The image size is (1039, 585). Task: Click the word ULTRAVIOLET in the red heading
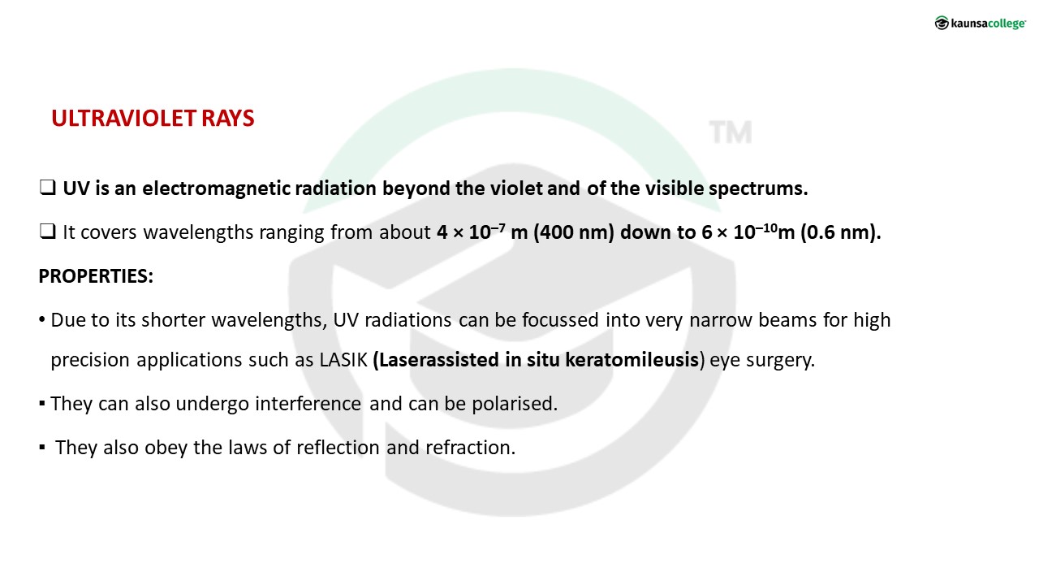click(124, 119)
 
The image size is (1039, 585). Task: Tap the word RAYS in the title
click(228, 119)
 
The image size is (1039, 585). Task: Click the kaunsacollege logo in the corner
click(980, 23)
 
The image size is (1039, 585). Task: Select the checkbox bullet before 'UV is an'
click(47, 188)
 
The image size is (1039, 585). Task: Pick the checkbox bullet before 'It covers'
click(47, 232)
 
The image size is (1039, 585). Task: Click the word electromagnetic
click(216, 188)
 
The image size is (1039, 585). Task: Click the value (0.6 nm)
click(841, 232)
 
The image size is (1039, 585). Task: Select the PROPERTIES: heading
click(96, 276)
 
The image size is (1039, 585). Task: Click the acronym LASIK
click(343, 360)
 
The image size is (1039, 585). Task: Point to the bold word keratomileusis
click(632, 360)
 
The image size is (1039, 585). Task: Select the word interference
click(308, 404)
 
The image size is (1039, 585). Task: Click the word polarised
click(515, 405)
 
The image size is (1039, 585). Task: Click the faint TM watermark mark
click(731, 132)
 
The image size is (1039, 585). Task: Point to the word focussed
click(560, 320)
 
